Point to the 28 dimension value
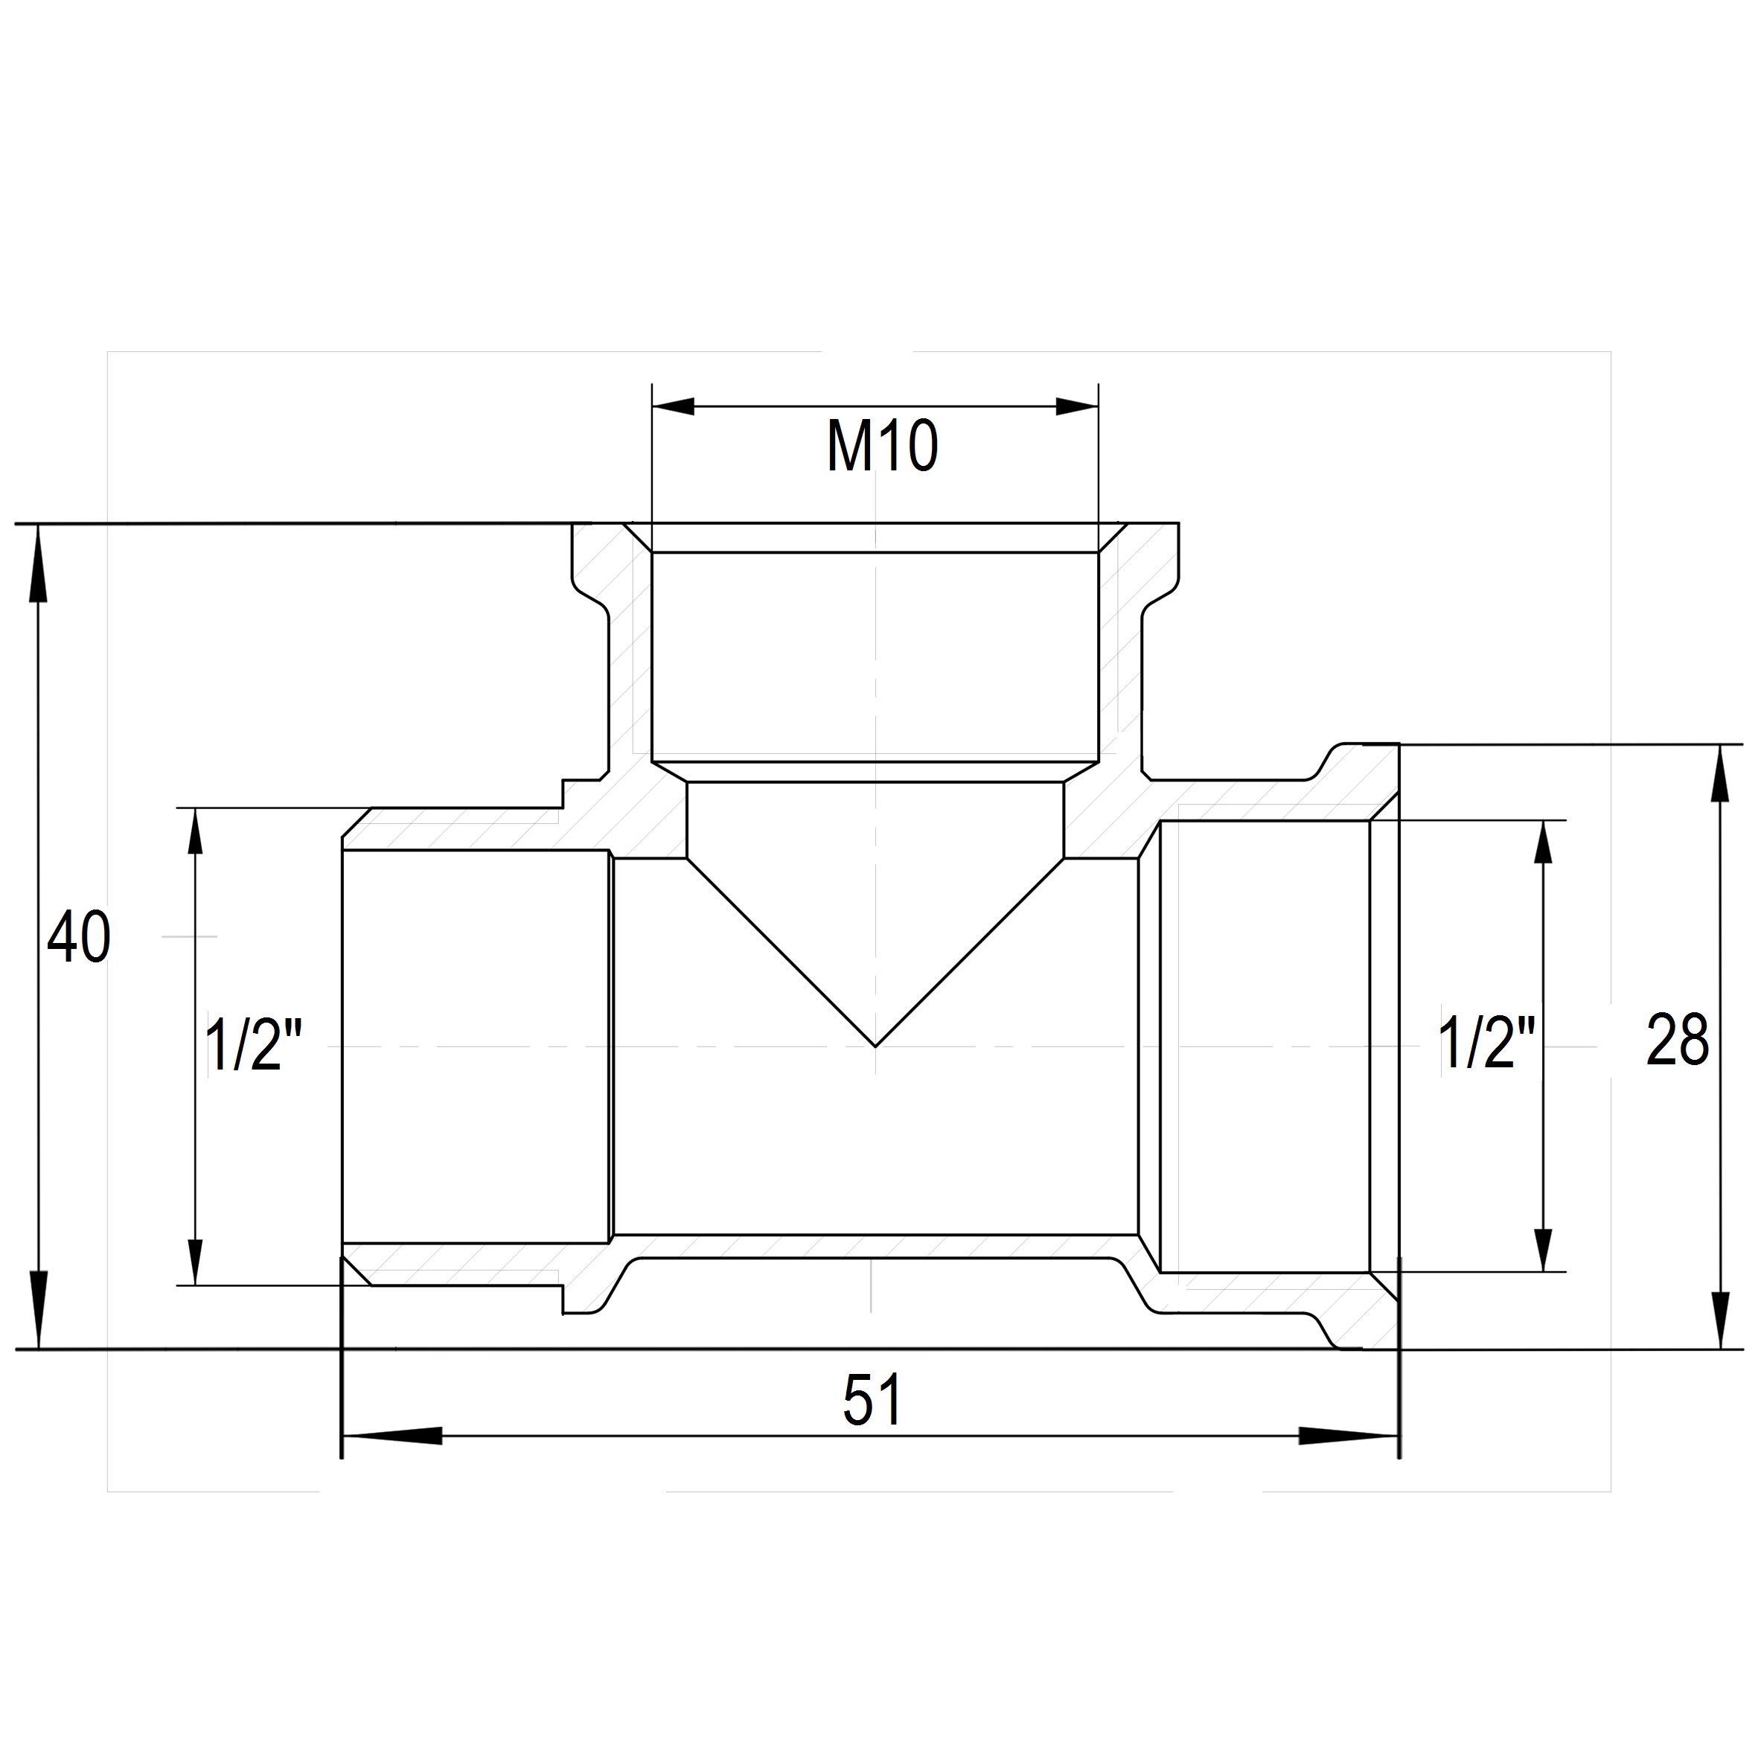coord(1677,1040)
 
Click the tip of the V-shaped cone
coord(875,1046)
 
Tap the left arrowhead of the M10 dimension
coord(674,406)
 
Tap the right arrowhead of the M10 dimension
coord(1078,406)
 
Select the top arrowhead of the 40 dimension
coord(37,563)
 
